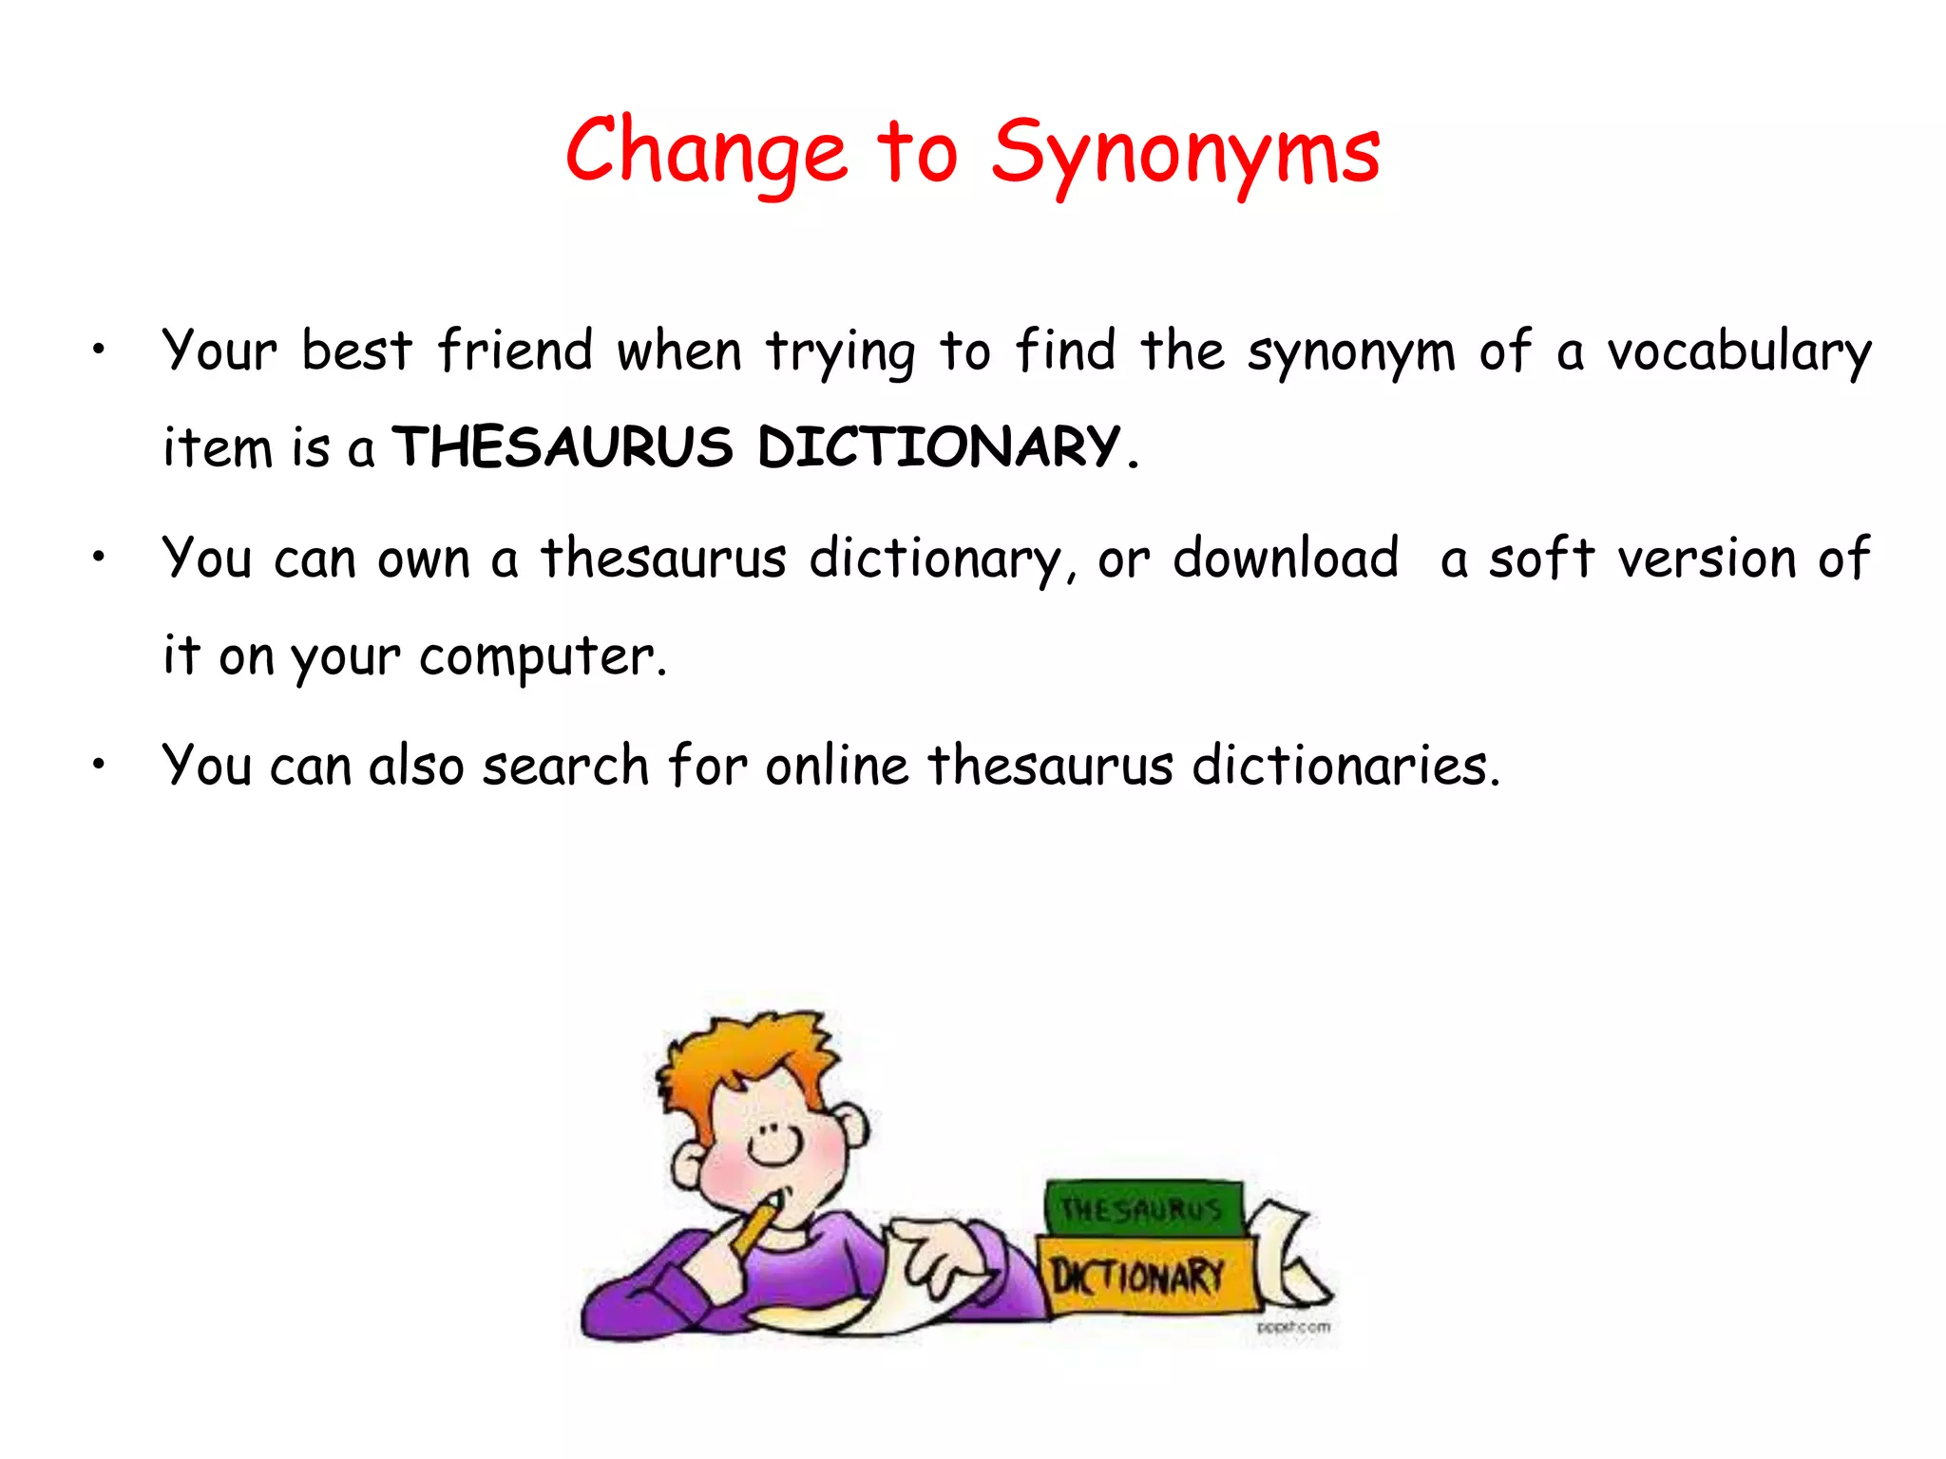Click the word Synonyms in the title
click(x=1185, y=155)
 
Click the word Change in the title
click(x=705, y=152)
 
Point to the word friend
click(x=515, y=351)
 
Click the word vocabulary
click(x=1738, y=352)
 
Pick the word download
click(x=1285, y=558)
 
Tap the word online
click(x=836, y=766)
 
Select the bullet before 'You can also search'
click(x=98, y=764)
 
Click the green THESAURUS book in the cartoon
click(x=1143, y=1207)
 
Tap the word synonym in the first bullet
click(x=1350, y=352)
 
